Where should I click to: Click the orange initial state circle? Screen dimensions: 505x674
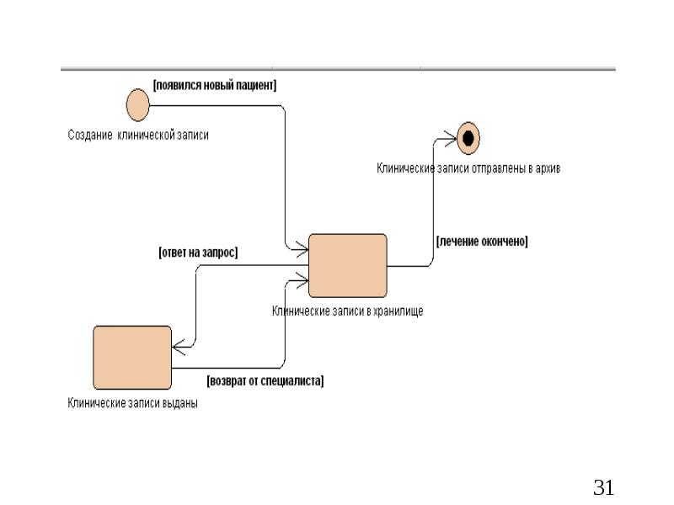[x=137, y=105]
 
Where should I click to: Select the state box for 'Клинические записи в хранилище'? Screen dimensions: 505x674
[x=348, y=265]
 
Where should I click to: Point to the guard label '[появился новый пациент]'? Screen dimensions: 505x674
[x=215, y=85]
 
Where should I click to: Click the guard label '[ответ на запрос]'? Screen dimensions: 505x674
[x=198, y=252]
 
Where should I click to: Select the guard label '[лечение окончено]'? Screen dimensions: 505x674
[x=482, y=242]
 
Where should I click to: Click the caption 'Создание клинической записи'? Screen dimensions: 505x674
[x=137, y=135]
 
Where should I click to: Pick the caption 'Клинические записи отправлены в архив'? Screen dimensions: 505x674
[x=468, y=168]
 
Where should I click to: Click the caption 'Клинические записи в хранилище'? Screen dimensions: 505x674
[x=347, y=311]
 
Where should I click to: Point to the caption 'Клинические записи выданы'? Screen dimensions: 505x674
[x=133, y=403]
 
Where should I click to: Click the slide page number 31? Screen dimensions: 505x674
[x=604, y=486]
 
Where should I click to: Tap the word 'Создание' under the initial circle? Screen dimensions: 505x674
[x=89, y=135]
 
